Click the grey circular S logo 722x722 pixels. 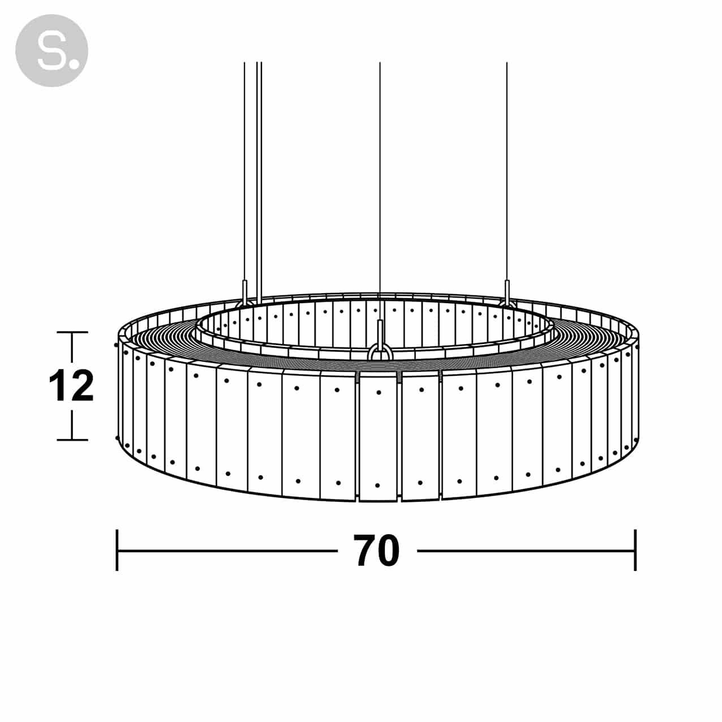(51, 50)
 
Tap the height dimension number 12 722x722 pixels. (71, 386)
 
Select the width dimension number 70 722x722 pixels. (376, 551)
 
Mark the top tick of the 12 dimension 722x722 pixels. (72, 332)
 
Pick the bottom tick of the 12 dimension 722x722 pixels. (72, 440)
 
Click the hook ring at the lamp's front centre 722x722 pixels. (380, 353)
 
